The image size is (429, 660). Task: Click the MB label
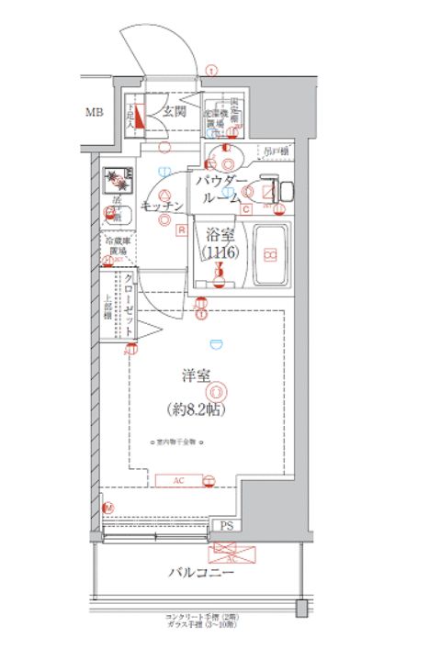pyautogui.click(x=94, y=113)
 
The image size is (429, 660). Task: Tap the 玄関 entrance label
pyautogui.click(x=175, y=112)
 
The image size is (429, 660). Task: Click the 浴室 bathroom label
pyautogui.click(x=220, y=235)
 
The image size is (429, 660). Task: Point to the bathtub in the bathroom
pyautogui.click(x=270, y=254)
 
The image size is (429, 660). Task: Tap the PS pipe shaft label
pyautogui.click(x=225, y=526)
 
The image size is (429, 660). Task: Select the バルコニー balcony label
pyautogui.click(x=200, y=573)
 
